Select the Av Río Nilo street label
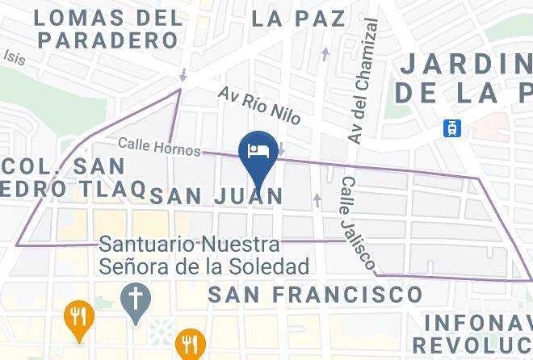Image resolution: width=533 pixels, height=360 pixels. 259,105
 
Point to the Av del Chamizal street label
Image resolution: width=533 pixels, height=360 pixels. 362,83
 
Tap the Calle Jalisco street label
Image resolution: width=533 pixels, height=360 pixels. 356,224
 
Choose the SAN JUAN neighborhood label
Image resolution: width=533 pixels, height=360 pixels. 217,195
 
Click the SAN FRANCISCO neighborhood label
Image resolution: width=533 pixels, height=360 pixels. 316,295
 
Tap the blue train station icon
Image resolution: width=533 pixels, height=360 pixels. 452,128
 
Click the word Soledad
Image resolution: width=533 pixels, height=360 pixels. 271,266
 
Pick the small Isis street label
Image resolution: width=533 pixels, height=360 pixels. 14,58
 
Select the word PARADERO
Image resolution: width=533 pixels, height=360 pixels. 107,40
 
